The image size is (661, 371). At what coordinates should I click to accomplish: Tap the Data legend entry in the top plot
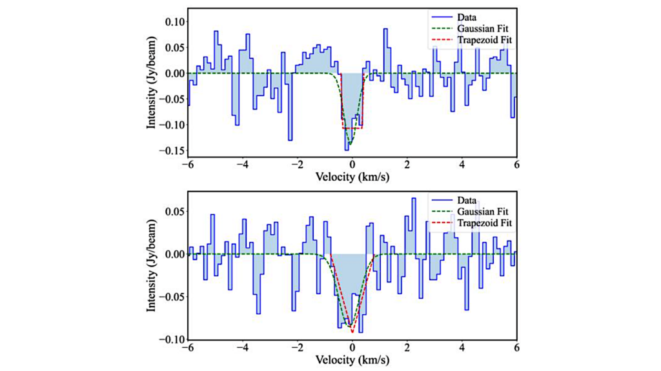467,17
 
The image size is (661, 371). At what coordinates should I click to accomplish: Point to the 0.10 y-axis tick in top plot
173,22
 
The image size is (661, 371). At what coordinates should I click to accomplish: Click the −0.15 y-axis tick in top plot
171,150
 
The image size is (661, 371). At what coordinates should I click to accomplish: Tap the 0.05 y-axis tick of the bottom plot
173,212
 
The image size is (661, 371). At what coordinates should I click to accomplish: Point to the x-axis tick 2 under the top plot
407,165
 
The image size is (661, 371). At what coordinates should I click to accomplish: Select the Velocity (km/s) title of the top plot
352,176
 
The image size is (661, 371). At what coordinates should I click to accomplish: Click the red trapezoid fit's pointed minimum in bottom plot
352,332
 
